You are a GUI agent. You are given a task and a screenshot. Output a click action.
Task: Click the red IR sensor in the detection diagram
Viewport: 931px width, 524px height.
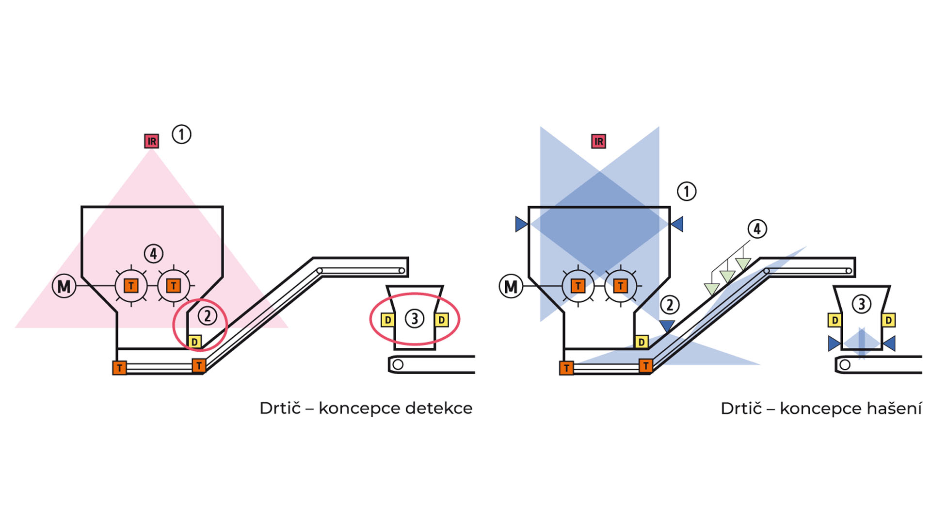coord(152,141)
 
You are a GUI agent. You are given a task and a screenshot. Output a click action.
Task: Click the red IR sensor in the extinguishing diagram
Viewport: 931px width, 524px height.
coord(599,141)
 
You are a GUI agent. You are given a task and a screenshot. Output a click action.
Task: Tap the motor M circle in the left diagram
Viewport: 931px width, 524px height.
coord(64,286)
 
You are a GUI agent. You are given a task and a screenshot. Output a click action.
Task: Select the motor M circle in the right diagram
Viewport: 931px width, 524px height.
coord(511,286)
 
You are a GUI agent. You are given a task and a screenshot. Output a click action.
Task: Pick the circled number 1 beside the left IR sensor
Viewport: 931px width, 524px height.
coord(182,134)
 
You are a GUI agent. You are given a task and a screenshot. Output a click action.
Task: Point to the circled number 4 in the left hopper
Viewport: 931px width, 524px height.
coord(154,253)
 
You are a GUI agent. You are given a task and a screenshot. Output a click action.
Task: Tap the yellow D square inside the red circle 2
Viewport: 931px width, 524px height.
coord(194,342)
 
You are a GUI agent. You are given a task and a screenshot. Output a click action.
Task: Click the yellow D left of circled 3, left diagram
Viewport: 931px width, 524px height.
coord(387,320)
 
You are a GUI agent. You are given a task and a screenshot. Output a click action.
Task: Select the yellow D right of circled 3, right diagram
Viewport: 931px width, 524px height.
coord(889,320)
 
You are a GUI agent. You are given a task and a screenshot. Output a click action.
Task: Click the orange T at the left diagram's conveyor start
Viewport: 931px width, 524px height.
coord(119,368)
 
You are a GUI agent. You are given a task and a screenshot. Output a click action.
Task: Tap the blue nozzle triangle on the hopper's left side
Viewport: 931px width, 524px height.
coord(521,224)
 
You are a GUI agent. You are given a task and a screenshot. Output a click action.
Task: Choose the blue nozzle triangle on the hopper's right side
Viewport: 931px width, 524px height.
coord(677,224)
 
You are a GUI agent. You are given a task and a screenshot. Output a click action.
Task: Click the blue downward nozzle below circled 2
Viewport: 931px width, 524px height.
coord(667,326)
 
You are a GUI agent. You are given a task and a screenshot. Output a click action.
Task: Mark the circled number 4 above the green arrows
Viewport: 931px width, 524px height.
coord(757,229)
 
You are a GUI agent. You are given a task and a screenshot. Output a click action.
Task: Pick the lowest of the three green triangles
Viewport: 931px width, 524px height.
coord(711,290)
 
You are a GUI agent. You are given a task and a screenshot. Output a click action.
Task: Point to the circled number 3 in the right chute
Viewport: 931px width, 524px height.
coord(862,304)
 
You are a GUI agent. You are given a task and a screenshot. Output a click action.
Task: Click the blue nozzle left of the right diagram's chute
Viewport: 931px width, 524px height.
coord(834,344)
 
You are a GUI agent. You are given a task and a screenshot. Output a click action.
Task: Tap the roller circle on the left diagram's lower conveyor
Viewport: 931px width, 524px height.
coord(398,364)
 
